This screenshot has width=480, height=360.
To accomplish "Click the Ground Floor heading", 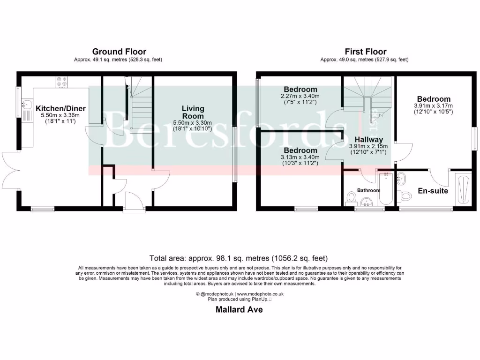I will (119, 52).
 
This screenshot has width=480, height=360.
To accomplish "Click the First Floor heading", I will (366, 52).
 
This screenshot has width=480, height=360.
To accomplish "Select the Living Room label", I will (193, 112).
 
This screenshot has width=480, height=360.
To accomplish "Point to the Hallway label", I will (368, 139).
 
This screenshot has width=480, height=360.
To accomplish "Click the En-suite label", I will (433, 191).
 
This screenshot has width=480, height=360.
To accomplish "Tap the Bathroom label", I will (368, 190).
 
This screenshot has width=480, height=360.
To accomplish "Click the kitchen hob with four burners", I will (62, 82).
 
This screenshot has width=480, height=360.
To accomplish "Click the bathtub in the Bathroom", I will (386, 188).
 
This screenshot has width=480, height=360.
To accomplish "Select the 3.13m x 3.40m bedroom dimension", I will (300, 157).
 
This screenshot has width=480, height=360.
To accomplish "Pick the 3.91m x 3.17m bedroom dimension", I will (434, 105).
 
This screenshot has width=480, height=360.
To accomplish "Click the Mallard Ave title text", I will (239, 309).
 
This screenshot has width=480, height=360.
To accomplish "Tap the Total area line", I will (239, 258).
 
